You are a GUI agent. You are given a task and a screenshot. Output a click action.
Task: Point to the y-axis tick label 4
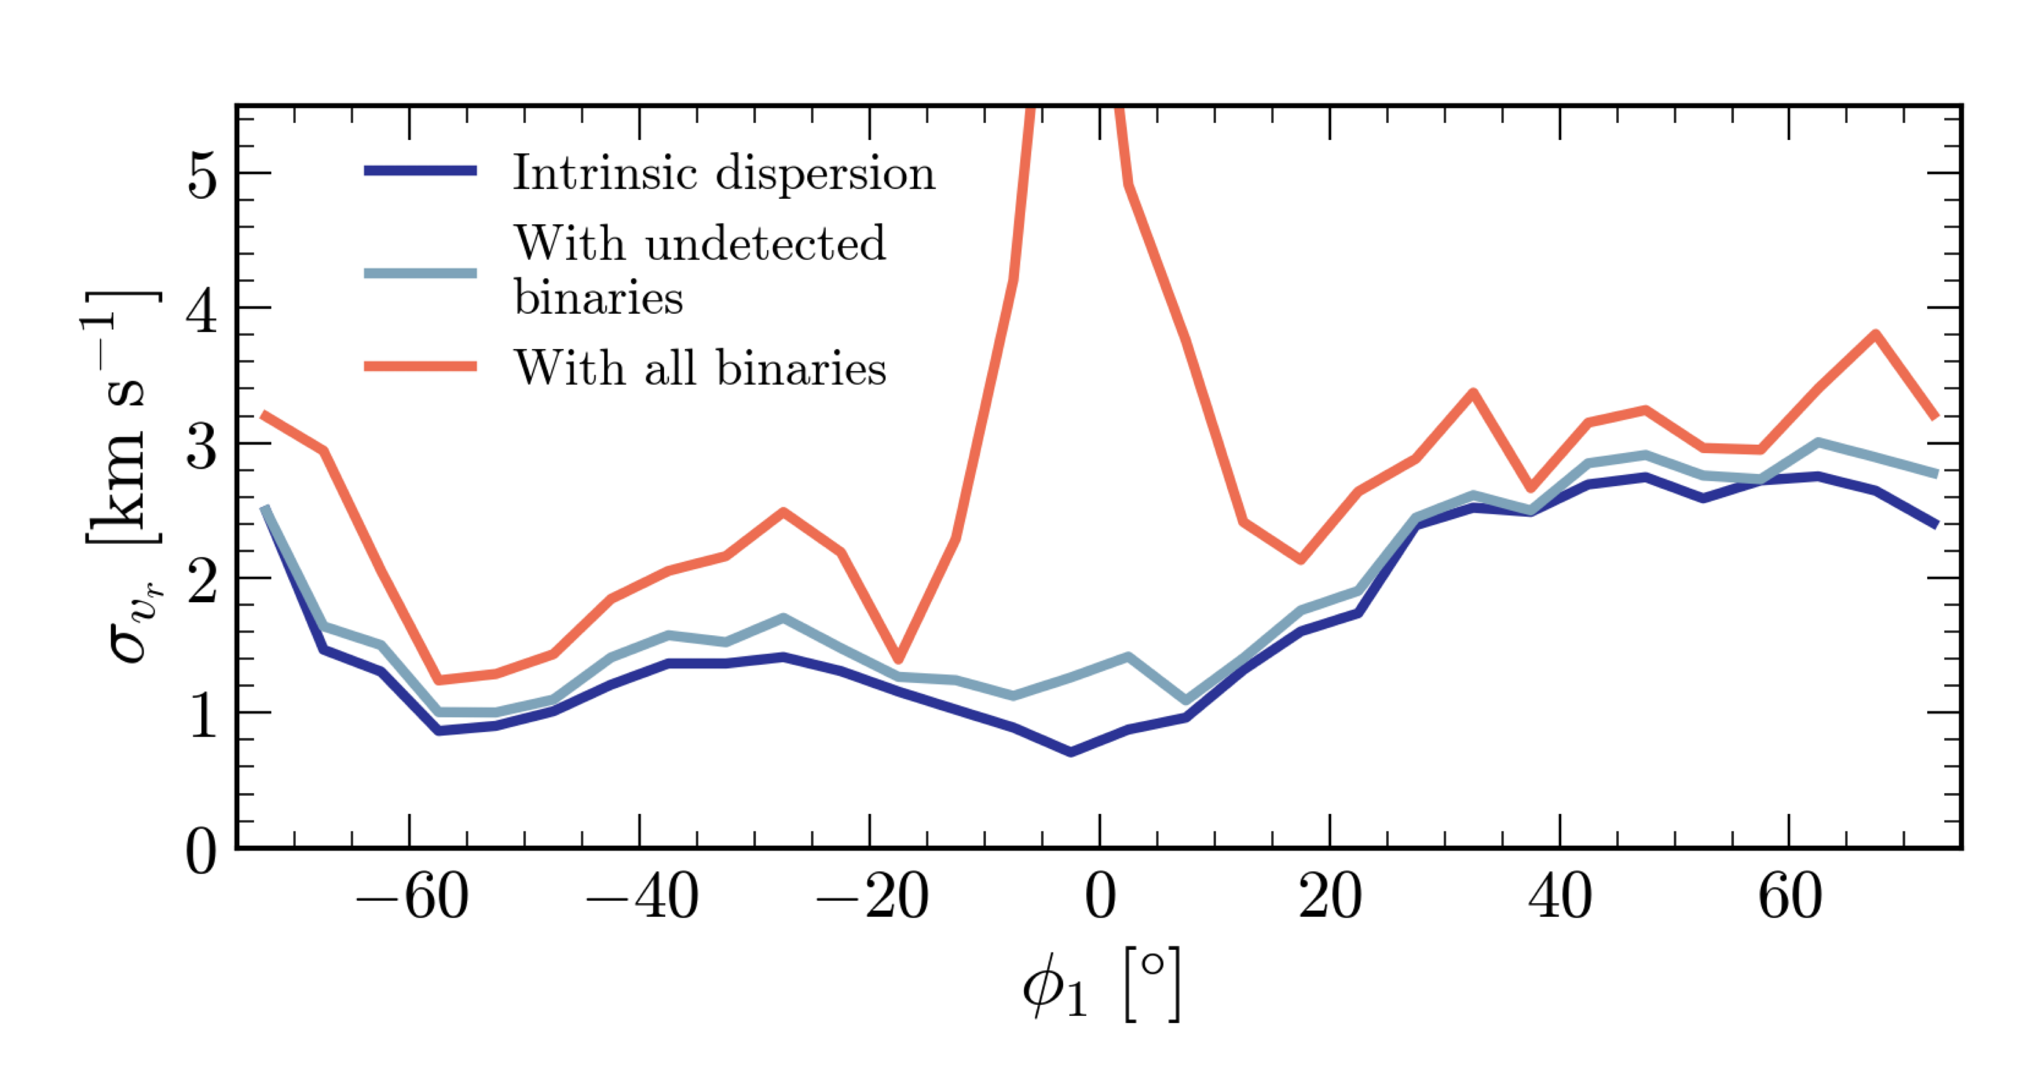click(202, 309)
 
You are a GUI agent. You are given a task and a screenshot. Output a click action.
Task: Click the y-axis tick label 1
click(202, 715)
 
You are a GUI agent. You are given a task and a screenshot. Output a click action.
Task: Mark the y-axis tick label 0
click(202, 851)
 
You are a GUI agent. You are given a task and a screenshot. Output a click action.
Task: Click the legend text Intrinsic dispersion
click(724, 173)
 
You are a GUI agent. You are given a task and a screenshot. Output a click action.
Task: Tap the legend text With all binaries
click(700, 368)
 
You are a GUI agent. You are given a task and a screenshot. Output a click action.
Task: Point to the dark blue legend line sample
click(420, 170)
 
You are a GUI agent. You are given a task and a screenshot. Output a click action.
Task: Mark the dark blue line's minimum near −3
click(1070, 752)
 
